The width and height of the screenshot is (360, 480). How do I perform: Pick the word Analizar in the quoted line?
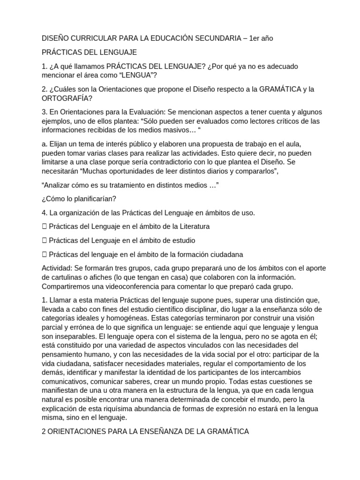(x=59, y=186)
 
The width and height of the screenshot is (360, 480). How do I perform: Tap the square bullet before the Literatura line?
(x=44, y=226)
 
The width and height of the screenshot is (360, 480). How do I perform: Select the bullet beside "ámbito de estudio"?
(x=44, y=240)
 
